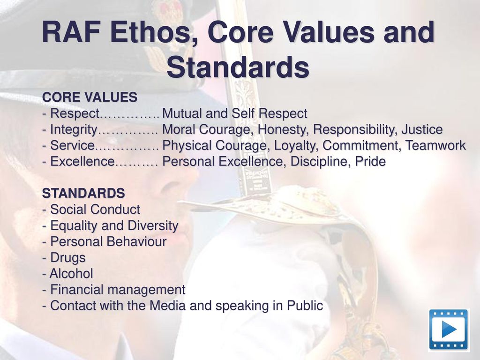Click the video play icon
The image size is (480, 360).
point(448,330)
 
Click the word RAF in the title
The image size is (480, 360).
point(72,32)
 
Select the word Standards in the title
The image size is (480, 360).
point(238,67)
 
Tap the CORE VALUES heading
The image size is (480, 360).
point(90,97)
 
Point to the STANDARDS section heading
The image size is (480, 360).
point(83,193)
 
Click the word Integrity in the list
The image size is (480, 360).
point(74,130)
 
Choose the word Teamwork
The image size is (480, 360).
point(435,145)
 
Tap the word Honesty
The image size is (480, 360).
point(282,130)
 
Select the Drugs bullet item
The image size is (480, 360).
point(64,258)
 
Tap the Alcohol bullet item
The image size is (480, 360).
point(67,273)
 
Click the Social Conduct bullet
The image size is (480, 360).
point(91,210)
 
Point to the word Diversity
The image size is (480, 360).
point(153,226)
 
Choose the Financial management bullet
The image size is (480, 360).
point(113,290)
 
